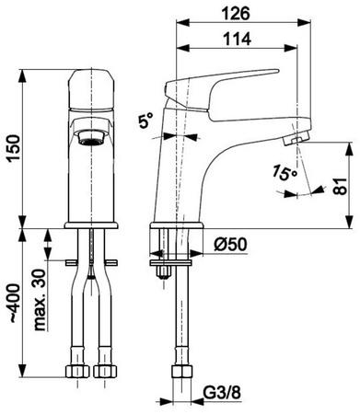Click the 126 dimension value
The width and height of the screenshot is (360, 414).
tap(236, 14)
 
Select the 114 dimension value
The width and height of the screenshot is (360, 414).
tap(237, 40)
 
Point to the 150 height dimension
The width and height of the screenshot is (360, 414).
tap(14, 148)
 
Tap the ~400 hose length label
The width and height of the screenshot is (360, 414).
tap(14, 304)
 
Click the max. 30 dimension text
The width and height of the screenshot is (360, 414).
tap(40, 300)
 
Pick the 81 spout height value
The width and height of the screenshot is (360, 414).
tap(340, 186)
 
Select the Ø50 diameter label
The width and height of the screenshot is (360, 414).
tap(230, 245)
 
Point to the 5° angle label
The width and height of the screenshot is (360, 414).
tap(145, 121)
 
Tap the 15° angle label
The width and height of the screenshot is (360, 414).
tap(285, 173)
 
